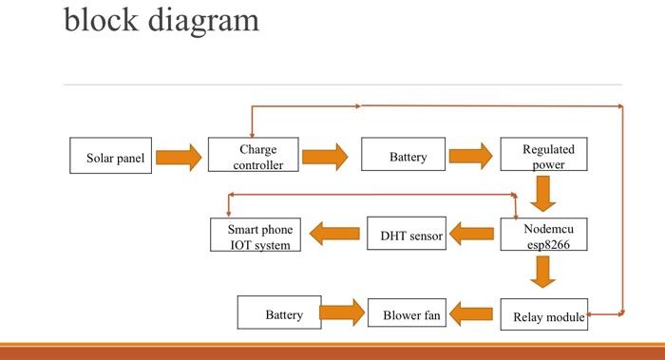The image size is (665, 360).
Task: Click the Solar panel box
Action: tap(110, 157)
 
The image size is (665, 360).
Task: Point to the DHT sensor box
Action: tap(407, 235)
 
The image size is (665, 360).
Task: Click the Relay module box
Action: tap(543, 315)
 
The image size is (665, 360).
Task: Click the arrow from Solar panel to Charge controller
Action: tap(179, 157)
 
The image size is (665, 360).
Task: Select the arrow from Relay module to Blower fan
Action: tap(473, 313)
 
